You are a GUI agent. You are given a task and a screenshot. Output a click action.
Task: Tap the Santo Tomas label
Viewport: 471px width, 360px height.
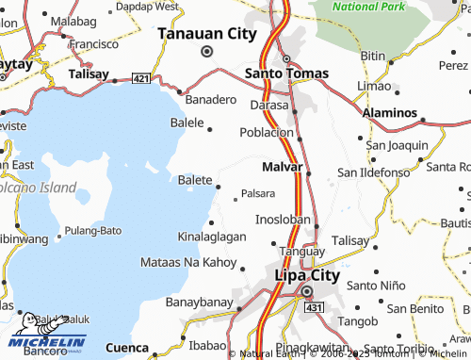tap(286, 73)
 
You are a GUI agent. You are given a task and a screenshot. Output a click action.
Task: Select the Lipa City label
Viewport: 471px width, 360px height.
tap(306, 275)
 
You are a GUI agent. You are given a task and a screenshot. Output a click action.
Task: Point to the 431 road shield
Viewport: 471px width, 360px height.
tap(314, 308)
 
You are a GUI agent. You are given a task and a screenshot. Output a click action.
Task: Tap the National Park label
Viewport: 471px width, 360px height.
tap(367, 7)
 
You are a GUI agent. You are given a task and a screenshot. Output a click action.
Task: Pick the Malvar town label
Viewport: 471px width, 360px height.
tap(282, 167)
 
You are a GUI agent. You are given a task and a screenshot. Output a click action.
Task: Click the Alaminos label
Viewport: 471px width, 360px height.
tap(389, 113)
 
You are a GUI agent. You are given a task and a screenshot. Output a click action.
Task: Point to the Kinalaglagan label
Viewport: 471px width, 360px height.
tap(212, 237)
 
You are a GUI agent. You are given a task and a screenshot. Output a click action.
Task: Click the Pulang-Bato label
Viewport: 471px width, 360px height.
tap(93, 231)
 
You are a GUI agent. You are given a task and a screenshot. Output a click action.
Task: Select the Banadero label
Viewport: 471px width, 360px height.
tap(210, 99)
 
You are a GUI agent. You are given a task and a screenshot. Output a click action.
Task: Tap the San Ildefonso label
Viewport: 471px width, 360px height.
tap(373, 172)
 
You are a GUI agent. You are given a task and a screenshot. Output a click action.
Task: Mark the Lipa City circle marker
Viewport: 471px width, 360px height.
tap(307, 292)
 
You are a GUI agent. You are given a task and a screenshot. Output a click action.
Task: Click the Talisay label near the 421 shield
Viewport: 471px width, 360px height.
tap(90, 73)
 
